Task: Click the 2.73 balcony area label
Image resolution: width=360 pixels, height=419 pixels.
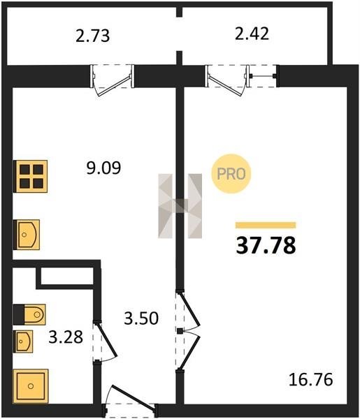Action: (x=92, y=36)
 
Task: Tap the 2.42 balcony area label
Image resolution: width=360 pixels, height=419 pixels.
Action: (x=252, y=34)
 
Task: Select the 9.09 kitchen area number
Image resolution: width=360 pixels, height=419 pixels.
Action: (x=103, y=168)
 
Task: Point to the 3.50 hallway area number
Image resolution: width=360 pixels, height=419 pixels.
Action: (x=141, y=318)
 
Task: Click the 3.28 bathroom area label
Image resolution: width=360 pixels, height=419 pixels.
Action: (x=66, y=337)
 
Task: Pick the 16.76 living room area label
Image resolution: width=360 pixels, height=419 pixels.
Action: (x=311, y=380)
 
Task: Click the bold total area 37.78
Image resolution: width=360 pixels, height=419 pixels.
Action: (x=266, y=246)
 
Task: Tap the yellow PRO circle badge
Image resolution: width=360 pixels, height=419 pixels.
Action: (x=231, y=174)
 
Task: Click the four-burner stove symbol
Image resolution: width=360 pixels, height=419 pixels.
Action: (x=31, y=176)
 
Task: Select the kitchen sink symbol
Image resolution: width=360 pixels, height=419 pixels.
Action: (x=27, y=235)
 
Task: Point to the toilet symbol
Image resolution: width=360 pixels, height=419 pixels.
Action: (x=29, y=314)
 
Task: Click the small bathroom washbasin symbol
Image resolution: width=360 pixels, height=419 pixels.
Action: (x=23, y=341)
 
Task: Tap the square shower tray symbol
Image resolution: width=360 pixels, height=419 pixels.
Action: (x=31, y=386)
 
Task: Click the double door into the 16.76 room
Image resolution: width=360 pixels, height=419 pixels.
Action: (x=188, y=331)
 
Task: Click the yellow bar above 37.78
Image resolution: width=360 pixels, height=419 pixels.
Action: (x=266, y=225)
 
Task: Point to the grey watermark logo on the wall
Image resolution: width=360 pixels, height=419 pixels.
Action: (x=180, y=206)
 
